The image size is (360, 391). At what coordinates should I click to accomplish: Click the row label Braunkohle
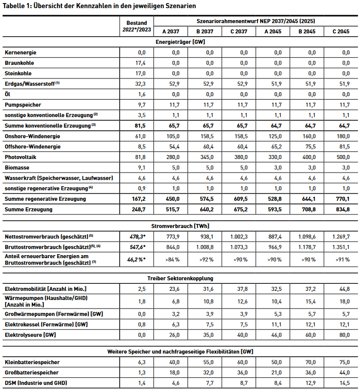point(19,63)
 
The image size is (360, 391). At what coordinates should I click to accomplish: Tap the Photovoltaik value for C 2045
point(343,157)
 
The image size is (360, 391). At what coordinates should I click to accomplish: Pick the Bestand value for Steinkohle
point(138,73)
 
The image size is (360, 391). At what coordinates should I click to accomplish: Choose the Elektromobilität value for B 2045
point(309,289)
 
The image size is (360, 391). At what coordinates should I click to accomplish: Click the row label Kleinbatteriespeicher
point(32,362)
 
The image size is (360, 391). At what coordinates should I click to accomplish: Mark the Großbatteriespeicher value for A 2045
point(276,372)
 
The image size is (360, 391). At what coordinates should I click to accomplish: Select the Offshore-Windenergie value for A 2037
point(173,146)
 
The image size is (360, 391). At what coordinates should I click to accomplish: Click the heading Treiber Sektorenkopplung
point(181,278)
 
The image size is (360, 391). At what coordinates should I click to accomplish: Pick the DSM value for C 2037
point(242,383)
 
